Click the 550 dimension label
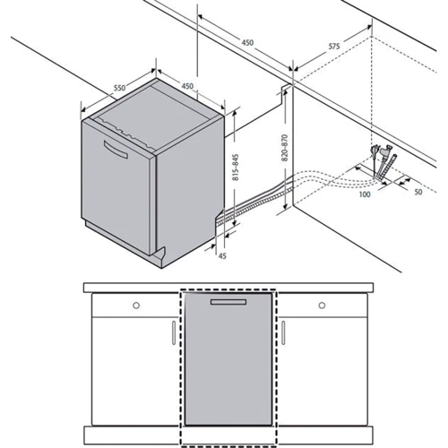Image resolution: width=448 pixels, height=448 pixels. click(x=119, y=88)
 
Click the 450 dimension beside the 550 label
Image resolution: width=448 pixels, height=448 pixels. click(x=187, y=86)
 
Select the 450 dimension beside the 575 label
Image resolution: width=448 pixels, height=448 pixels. click(x=247, y=43)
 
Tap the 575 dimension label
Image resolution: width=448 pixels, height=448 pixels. click(x=334, y=47)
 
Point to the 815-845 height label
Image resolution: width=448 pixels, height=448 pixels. click(x=236, y=168)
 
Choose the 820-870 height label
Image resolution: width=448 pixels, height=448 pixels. click(x=285, y=148)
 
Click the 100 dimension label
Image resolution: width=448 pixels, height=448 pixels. click(x=365, y=194)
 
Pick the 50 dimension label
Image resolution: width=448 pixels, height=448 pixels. click(x=418, y=192)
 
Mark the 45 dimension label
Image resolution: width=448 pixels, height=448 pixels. click(x=222, y=255)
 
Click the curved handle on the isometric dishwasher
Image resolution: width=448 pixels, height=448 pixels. click(x=116, y=151)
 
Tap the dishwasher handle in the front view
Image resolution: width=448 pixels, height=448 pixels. click(x=228, y=302)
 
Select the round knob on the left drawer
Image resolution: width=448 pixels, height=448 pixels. click(x=136, y=306)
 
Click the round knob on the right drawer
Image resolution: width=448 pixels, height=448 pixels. click(x=322, y=306)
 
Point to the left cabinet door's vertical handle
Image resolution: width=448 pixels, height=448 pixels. click(x=174, y=333)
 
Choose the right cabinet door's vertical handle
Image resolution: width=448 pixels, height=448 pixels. click(x=283, y=333)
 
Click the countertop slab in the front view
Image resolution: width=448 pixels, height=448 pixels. click(x=228, y=288)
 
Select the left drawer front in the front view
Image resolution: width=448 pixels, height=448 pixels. click(x=135, y=305)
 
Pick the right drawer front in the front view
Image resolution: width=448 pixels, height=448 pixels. click(x=323, y=305)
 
